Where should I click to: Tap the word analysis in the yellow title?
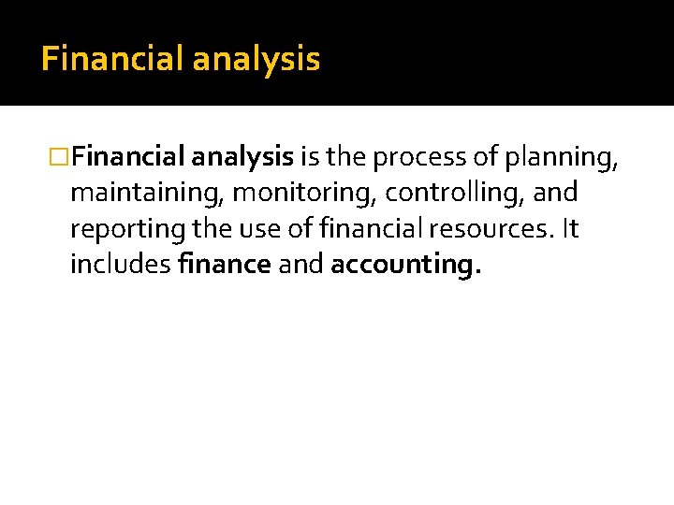256,60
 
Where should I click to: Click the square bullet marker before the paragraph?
59,158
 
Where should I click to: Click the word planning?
562,158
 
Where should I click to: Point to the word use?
259,229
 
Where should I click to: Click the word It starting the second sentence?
570,229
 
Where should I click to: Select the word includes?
120,265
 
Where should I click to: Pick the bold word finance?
224,265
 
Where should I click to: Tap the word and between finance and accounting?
300,265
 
